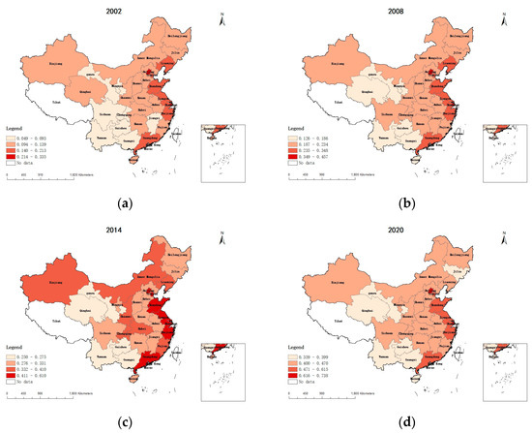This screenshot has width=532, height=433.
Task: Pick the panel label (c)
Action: point(124,418)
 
